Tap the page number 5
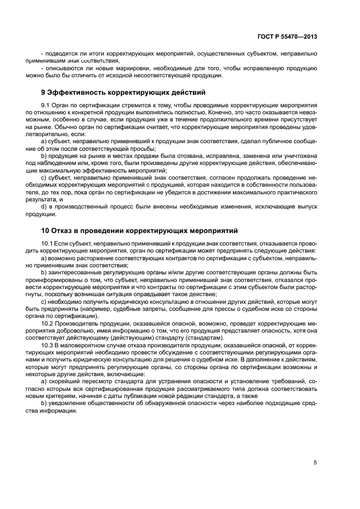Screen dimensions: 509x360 tap(315, 463)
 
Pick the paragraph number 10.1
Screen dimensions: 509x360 tap(47, 242)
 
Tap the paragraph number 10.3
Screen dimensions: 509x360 tap(47, 345)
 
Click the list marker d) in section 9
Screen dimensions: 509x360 tap(44, 206)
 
